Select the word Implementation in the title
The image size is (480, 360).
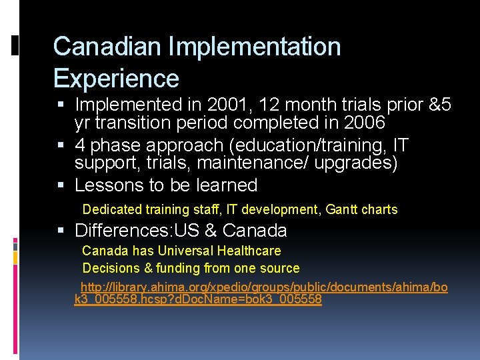tap(255, 47)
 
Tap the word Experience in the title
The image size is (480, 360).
tap(116, 78)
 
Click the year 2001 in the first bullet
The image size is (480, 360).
tap(228, 105)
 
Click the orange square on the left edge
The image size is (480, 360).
tap(14, 257)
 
